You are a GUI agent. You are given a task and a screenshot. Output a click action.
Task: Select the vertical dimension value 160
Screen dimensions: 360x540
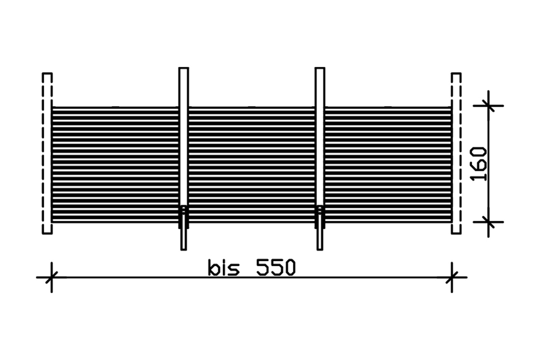pos(479,164)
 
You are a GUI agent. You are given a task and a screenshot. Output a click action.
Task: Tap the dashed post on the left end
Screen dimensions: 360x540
pos(47,153)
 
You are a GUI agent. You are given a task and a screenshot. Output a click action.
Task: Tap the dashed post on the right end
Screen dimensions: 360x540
pos(456,153)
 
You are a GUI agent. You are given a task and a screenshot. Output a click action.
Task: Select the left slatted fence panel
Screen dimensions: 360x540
pos(115,165)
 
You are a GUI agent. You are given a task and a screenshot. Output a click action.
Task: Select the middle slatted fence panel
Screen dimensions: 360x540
pos(252,165)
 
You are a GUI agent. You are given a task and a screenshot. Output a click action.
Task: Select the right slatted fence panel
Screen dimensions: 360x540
pos(388,165)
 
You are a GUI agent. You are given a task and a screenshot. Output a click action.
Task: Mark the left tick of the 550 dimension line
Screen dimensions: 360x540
pos(51,277)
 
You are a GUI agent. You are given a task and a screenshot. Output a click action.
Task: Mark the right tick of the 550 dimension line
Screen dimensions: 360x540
pos(452,277)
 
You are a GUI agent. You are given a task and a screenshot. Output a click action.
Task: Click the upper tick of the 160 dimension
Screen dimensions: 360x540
pos(488,106)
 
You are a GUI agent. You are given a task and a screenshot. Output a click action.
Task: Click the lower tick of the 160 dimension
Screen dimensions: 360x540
pos(488,222)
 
